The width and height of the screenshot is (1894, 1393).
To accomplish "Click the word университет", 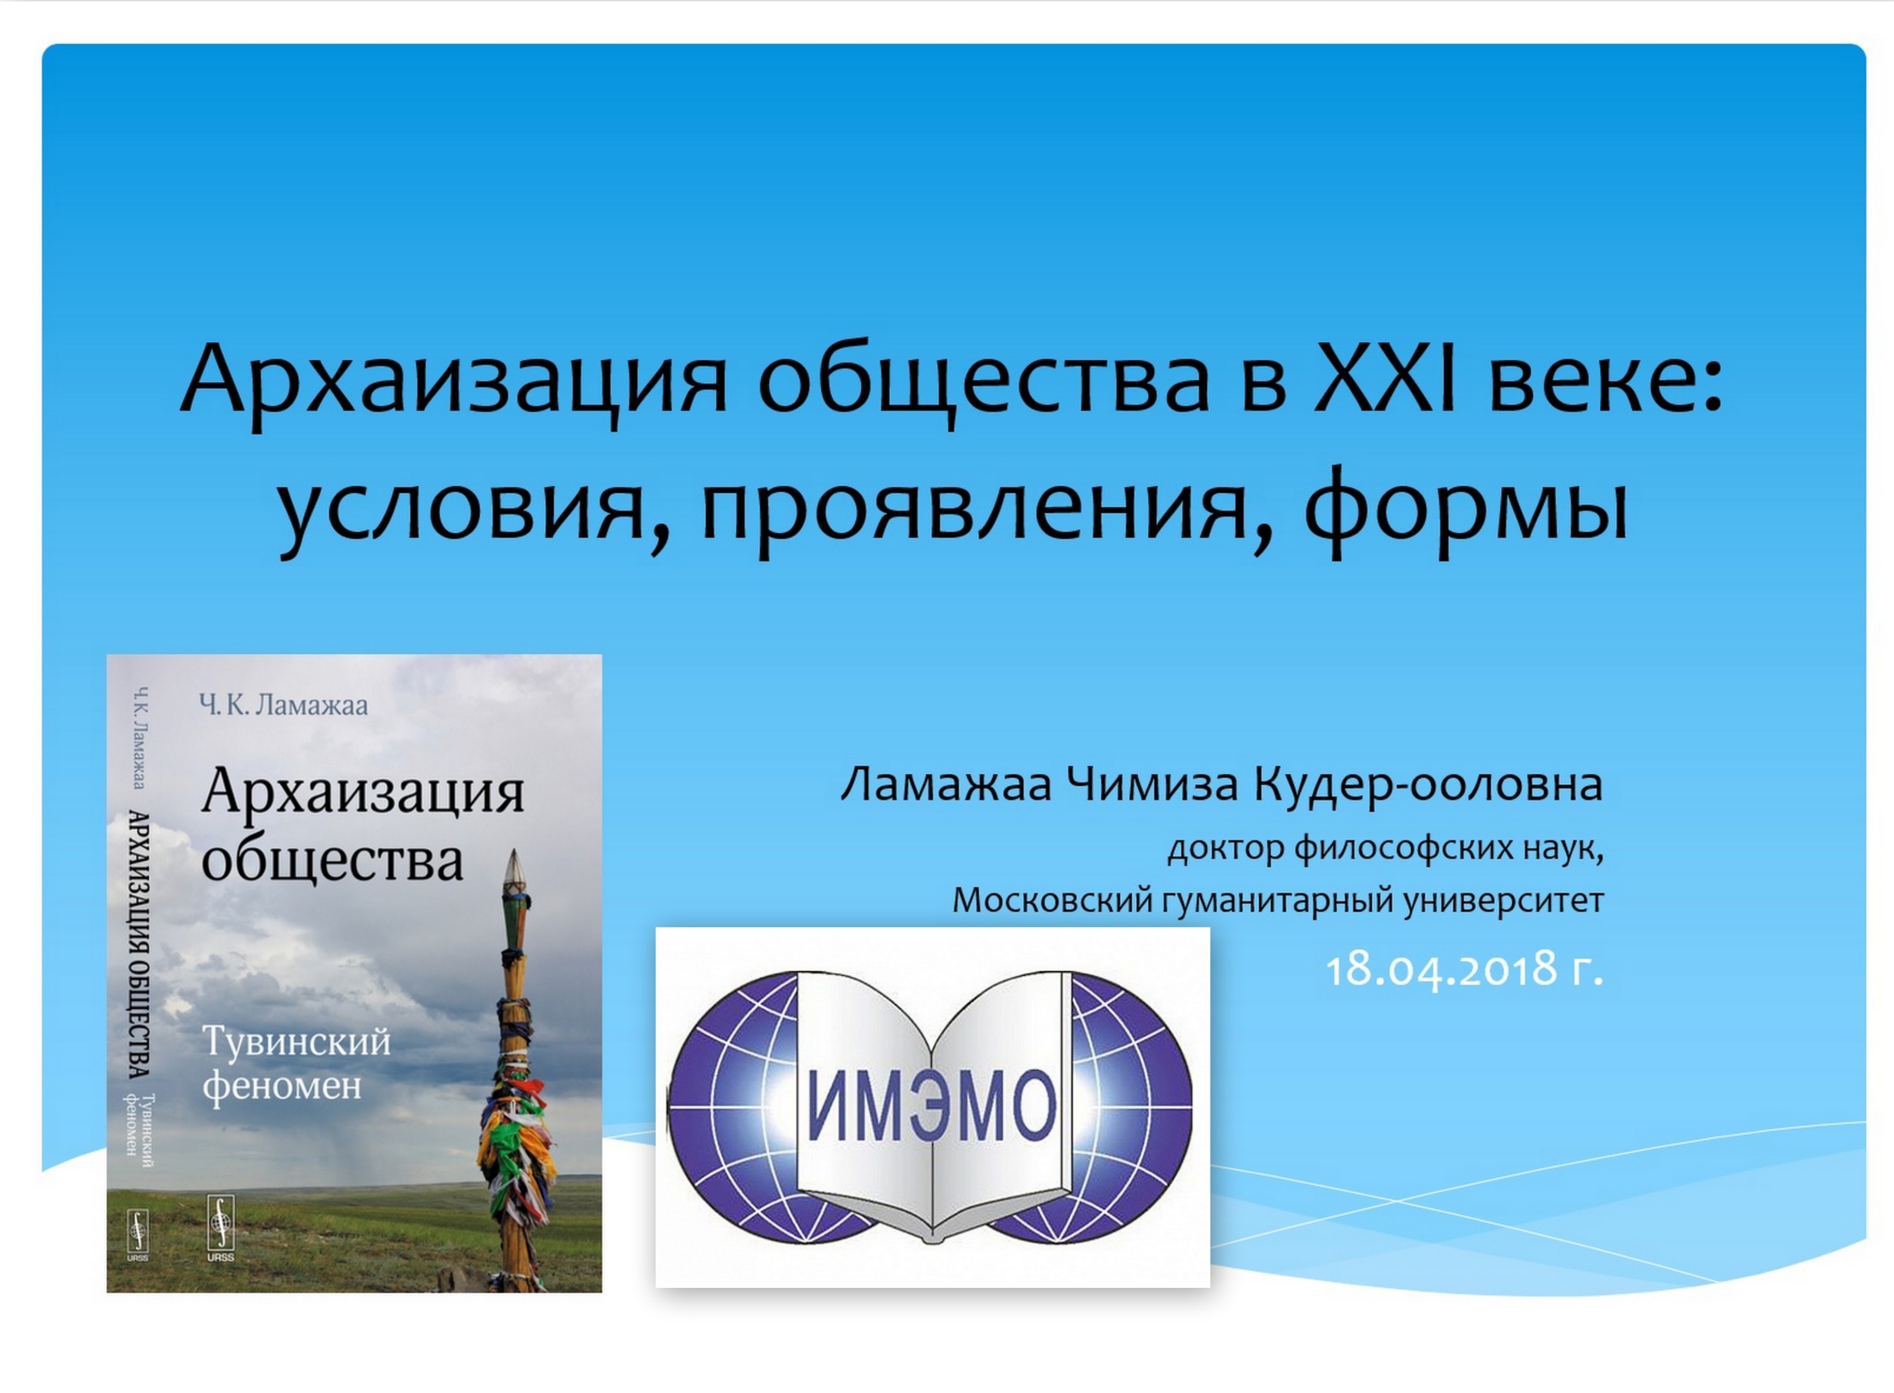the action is tap(1504, 900).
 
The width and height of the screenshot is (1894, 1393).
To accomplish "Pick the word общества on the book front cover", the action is tap(332, 860).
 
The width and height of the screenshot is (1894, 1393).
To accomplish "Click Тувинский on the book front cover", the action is tap(297, 1042).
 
